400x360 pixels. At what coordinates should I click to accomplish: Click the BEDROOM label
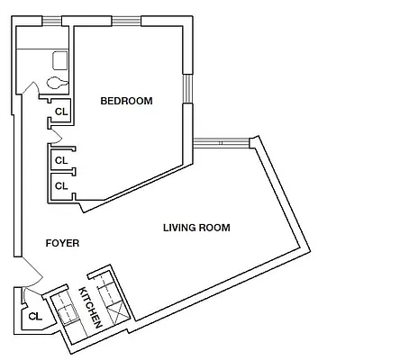(126, 101)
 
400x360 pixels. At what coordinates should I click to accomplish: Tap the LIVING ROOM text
(196, 228)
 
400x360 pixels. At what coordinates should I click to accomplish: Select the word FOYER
(62, 243)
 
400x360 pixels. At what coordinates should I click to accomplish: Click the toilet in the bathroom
(56, 82)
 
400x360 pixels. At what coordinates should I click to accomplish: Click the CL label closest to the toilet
(61, 112)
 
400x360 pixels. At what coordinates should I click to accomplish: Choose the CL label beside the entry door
(35, 316)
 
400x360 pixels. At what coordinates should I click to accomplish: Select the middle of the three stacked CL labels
(61, 160)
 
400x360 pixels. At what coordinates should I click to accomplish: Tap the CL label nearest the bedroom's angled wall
(61, 185)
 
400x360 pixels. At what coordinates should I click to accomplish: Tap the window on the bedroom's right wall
(186, 87)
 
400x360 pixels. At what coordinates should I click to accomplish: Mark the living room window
(220, 141)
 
